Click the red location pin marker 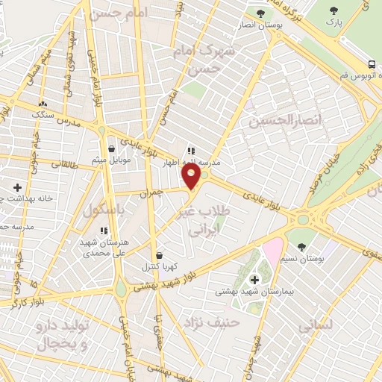click(x=192, y=176)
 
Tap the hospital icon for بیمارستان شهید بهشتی click(x=255, y=280)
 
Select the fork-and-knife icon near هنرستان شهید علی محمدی click(x=104, y=231)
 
